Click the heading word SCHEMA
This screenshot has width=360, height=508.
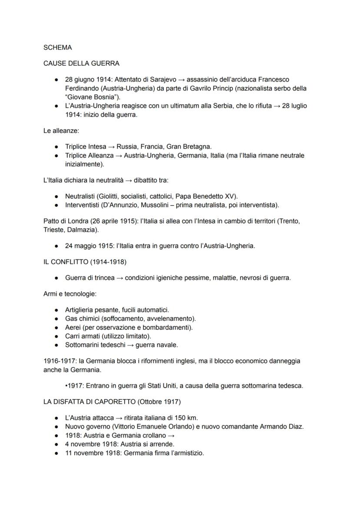coord(58,47)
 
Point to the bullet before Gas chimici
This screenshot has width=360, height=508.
coord(57,319)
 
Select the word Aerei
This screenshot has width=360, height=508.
coord(73,327)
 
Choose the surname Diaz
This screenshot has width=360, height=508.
coord(295,426)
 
